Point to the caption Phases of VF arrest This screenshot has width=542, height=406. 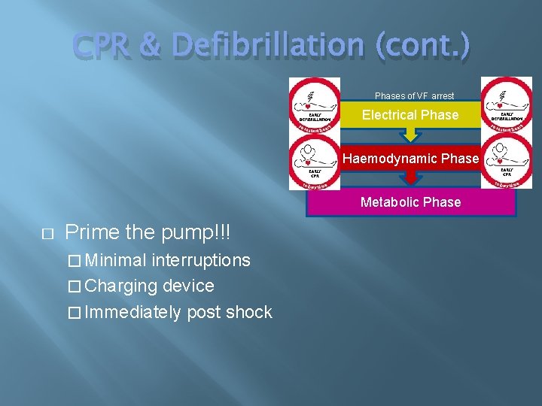415,96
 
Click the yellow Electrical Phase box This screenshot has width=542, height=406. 410,115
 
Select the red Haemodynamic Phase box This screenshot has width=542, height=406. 410,159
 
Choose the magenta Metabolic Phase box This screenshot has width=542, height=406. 410,202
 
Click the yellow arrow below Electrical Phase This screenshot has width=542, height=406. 410,135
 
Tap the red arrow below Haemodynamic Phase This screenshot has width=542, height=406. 410,177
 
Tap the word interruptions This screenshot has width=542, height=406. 201,260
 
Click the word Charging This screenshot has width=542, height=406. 121,286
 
